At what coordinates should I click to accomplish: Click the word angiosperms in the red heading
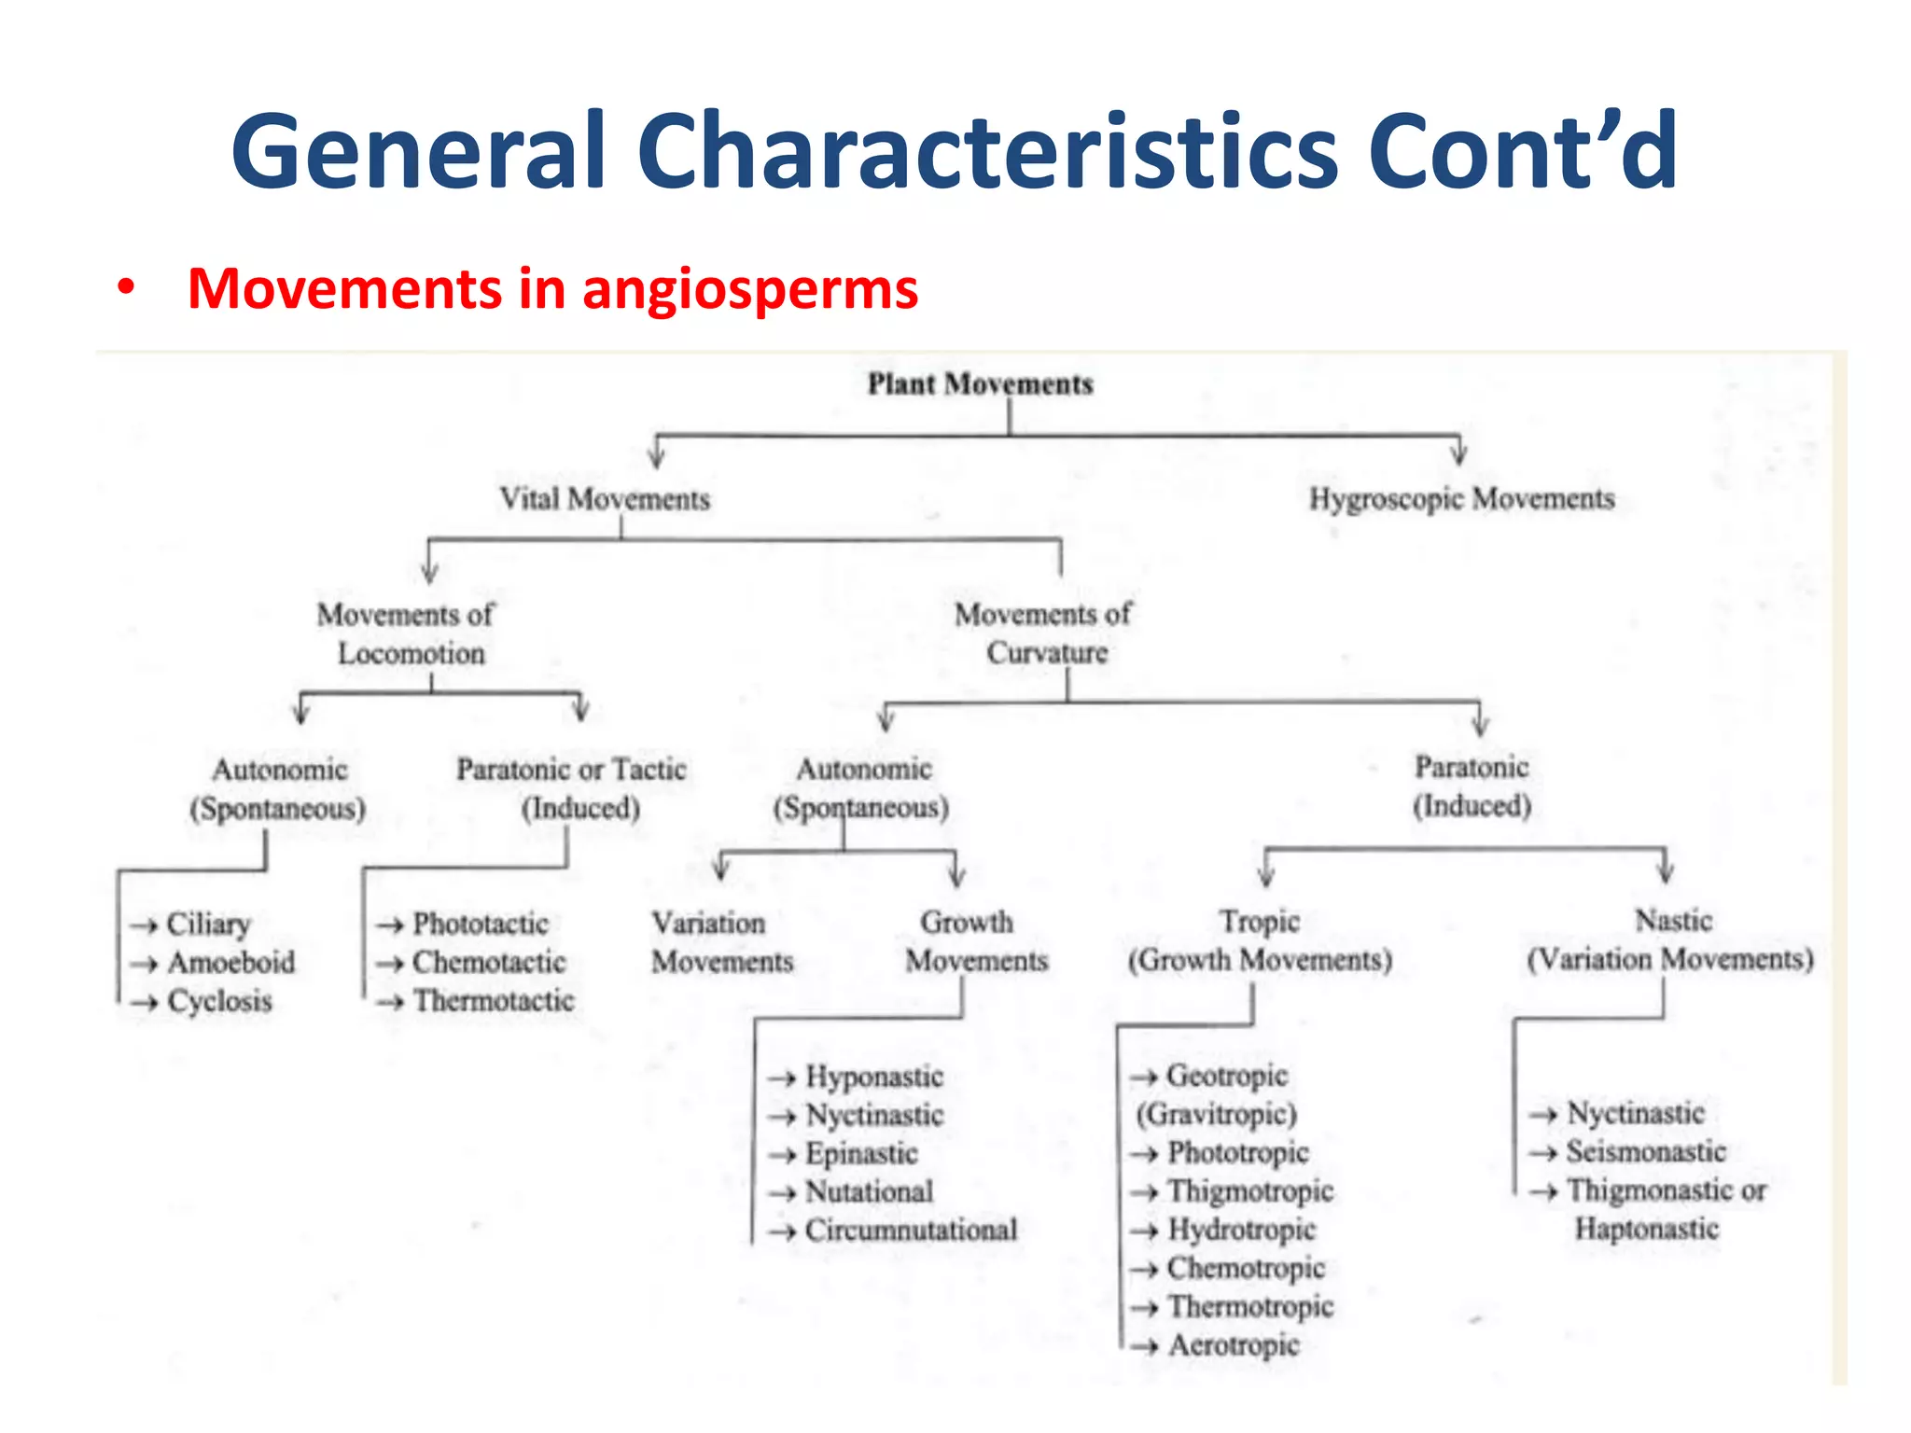[749, 288]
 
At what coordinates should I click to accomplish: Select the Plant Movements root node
[980, 383]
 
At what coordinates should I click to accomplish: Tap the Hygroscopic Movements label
[1461, 499]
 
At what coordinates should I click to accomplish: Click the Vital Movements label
[605, 499]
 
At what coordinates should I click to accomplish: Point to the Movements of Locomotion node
[408, 633]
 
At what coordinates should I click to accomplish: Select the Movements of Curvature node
[1044, 633]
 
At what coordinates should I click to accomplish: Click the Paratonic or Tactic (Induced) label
[572, 787]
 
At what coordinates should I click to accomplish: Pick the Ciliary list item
[208, 924]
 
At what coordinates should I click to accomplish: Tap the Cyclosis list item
[219, 1001]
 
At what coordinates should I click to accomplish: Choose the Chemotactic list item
[489, 962]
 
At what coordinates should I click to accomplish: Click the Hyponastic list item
[874, 1077]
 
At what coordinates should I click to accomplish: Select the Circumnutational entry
[911, 1230]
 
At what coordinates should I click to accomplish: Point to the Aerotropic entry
[1233, 1345]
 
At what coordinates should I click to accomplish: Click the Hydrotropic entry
[1241, 1230]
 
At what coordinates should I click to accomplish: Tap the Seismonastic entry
[1646, 1151]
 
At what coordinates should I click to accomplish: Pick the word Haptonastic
[1647, 1229]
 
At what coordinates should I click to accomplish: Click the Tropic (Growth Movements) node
[1260, 940]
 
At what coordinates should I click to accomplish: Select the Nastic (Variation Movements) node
[1670, 939]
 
